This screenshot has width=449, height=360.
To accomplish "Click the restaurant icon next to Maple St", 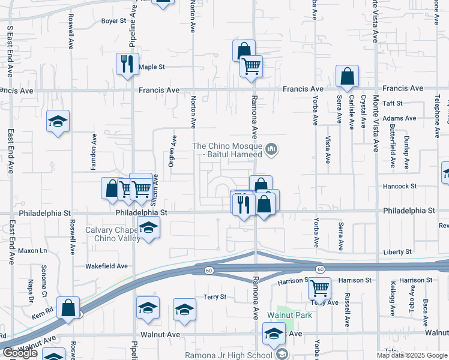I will point(127,64).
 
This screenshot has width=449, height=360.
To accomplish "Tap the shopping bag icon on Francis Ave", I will point(347,76).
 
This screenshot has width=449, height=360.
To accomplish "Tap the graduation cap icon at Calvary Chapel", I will point(148,227).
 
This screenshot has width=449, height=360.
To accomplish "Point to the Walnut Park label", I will point(289,315).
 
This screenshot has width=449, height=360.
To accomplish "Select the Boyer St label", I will point(113,20).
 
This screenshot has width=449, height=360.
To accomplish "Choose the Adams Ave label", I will point(399,118).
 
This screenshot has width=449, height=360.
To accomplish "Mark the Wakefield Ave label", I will point(106,266).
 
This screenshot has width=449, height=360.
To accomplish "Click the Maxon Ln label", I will point(32,250).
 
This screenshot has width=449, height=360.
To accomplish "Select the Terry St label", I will point(214,297).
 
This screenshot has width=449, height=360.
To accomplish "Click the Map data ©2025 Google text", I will point(412,355).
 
